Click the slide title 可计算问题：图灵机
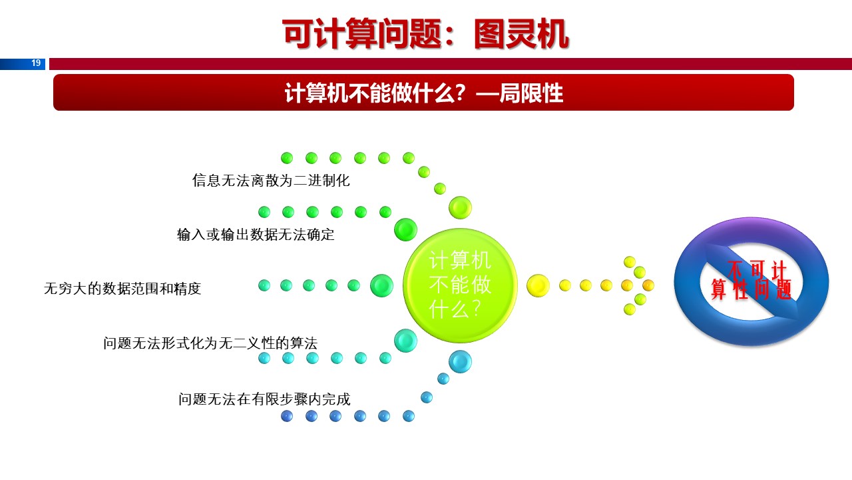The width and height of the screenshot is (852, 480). coord(425,34)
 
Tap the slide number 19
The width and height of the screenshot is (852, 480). coord(36,63)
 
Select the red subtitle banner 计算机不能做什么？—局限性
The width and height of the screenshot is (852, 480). coord(423,93)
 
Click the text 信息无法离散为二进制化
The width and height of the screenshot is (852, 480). coord(271,181)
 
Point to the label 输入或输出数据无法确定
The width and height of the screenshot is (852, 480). coord(256,235)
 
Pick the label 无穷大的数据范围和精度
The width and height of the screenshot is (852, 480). coord(122,289)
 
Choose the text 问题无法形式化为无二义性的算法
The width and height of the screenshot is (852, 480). coord(210,343)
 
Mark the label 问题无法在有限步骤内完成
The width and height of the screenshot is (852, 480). coord(264,399)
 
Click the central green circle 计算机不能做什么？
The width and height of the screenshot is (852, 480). coord(460,285)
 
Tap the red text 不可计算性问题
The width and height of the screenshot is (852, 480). coord(750,281)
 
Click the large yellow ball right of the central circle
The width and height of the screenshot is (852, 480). coord(538,285)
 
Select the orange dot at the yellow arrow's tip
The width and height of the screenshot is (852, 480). coord(648,285)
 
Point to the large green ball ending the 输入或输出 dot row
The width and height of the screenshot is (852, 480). coord(405,229)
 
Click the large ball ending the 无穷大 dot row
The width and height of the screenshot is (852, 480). coord(381,285)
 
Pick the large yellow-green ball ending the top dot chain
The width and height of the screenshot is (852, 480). coord(460,207)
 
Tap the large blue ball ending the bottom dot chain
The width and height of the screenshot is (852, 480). coord(460,361)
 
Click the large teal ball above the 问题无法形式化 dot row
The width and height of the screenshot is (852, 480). coord(405,341)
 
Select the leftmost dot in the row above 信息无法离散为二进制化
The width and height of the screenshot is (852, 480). coord(287,158)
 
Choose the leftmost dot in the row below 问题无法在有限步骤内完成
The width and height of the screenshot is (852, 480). coord(287,416)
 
